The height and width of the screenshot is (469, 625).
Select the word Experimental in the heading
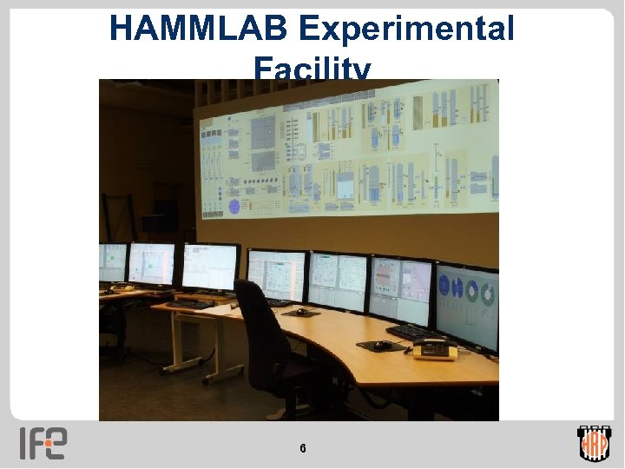point(406,30)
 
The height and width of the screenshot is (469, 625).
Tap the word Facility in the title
point(312,69)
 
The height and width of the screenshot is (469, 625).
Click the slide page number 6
point(302,449)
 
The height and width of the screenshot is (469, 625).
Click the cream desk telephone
point(434,349)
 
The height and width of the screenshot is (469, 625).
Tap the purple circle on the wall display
point(234,206)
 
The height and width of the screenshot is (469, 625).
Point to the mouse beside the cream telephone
point(381,345)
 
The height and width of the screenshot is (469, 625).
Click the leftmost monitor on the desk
point(112,262)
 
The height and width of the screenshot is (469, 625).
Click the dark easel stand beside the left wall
point(117,217)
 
